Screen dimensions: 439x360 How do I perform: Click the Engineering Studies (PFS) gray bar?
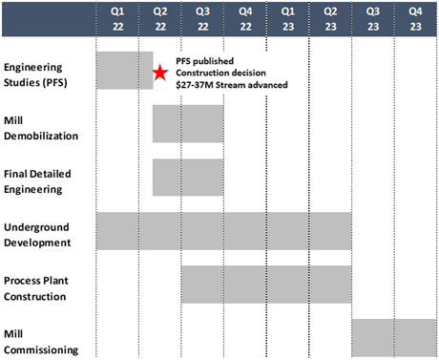(x=124, y=70)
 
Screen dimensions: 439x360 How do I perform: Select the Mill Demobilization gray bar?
(x=187, y=123)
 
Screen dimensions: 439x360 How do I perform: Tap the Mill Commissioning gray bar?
(x=394, y=337)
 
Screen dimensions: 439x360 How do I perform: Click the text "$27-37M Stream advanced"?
(x=232, y=86)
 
